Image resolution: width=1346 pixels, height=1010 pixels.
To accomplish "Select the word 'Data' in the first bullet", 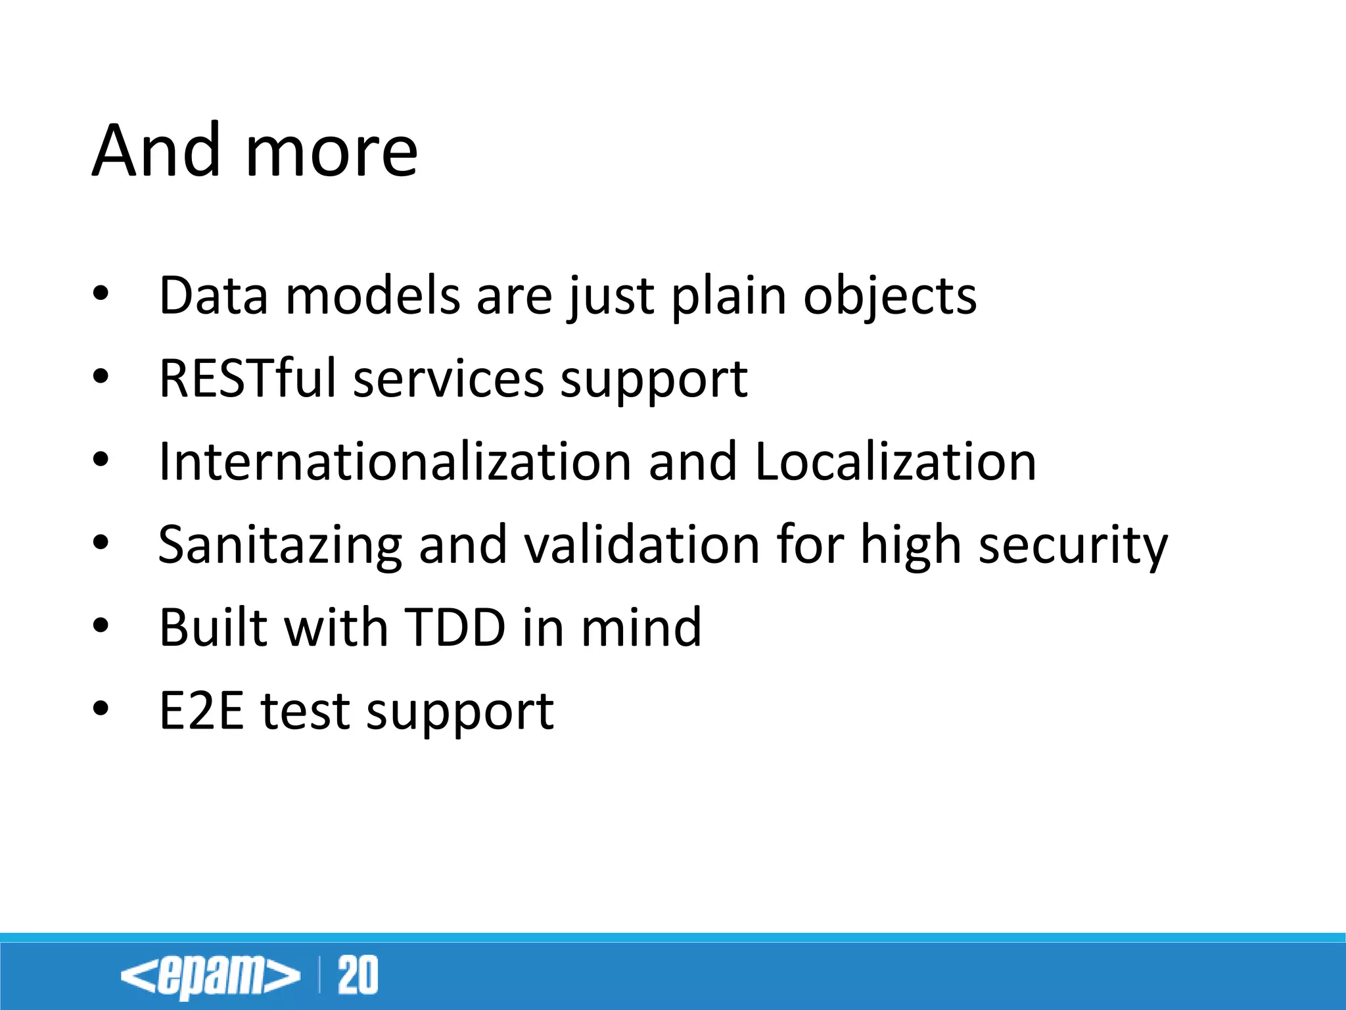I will click(x=214, y=296).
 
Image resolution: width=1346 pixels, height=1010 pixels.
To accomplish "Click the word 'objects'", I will click(x=890, y=297).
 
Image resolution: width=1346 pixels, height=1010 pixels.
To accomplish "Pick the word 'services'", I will click(x=449, y=380).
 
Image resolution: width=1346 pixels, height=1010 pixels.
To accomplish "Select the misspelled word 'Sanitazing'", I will click(x=280, y=546).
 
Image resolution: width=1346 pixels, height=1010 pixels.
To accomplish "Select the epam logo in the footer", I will click(x=210, y=976).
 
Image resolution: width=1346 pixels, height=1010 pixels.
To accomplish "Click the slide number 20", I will click(x=358, y=976).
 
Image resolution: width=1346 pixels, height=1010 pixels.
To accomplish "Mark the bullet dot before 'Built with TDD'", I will click(x=101, y=627).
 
